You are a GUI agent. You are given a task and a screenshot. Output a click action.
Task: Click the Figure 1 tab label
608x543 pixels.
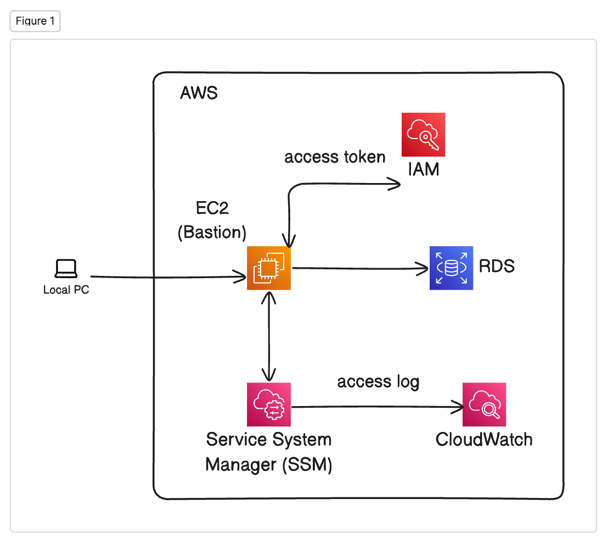pyautogui.click(x=35, y=21)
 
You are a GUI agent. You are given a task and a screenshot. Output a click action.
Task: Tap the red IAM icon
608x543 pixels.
pyautogui.click(x=423, y=135)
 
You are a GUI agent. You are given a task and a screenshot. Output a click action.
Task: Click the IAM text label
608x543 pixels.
pyautogui.click(x=423, y=169)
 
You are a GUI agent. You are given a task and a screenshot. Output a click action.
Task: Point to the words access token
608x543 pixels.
pyautogui.click(x=335, y=157)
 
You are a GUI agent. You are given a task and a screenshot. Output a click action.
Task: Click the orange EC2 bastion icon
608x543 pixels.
pyautogui.click(x=268, y=268)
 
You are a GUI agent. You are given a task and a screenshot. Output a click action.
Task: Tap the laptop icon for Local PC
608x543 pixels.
pyautogui.click(x=66, y=269)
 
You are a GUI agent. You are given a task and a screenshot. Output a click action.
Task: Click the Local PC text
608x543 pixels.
pyautogui.click(x=66, y=290)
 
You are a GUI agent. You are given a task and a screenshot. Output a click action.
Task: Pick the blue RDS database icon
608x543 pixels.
pyautogui.click(x=451, y=268)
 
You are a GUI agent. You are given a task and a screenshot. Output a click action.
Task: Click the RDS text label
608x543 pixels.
pyautogui.click(x=497, y=267)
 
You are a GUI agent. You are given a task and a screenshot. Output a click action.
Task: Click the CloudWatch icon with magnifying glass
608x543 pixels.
pyautogui.click(x=484, y=405)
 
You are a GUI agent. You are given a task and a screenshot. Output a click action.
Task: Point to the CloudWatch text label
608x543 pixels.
pyautogui.click(x=484, y=440)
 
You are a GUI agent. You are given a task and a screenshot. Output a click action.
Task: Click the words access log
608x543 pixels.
pyautogui.click(x=378, y=381)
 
